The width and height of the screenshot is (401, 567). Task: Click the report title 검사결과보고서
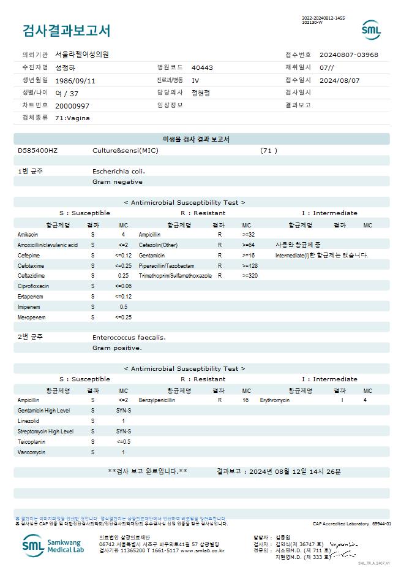(66, 31)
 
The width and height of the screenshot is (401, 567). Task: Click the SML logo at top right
(371, 29)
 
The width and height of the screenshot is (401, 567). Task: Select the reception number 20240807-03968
(348, 55)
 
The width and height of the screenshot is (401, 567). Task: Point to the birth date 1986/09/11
(75, 80)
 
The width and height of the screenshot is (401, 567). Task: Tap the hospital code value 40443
(202, 67)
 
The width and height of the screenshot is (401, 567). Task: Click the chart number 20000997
(72, 105)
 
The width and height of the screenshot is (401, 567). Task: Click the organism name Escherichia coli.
(119, 171)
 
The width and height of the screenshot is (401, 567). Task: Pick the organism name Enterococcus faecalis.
(129, 337)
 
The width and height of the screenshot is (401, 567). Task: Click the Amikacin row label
(28, 235)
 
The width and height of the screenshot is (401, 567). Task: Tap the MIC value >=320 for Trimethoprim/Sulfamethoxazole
(250, 276)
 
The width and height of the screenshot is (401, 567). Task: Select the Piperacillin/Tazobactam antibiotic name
(167, 266)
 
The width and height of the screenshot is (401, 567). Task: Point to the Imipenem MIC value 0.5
(124, 306)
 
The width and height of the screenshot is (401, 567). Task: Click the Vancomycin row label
(32, 452)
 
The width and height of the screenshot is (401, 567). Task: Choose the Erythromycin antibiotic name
(274, 400)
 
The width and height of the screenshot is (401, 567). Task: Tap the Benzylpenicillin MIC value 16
(245, 400)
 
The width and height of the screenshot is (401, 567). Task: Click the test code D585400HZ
(38, 150)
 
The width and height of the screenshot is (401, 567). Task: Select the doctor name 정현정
(200, 93)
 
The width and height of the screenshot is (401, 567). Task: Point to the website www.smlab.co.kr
(202, 550)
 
